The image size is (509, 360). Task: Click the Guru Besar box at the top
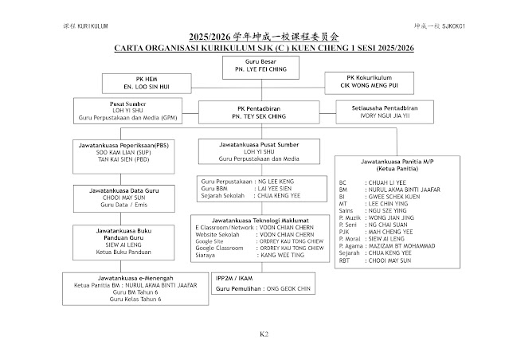point(255,65)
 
